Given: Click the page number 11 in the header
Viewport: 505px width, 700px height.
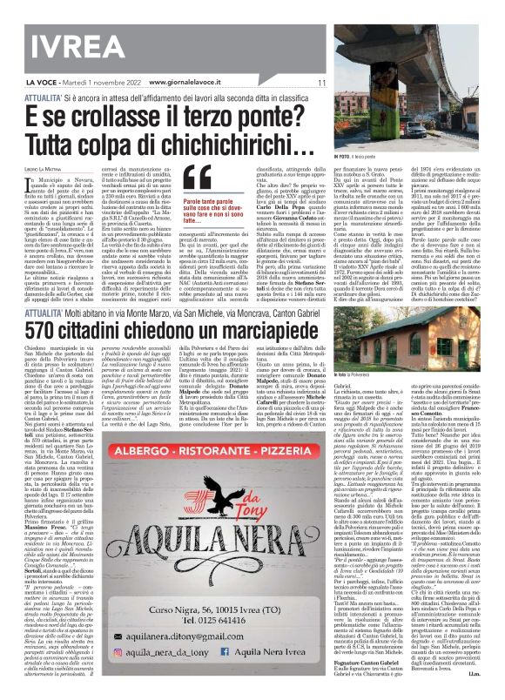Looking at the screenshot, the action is pyautogui.click(x=321, y=82).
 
